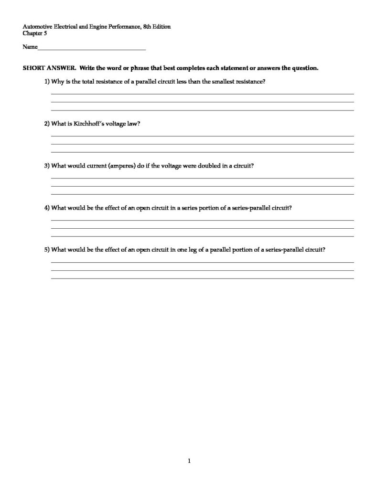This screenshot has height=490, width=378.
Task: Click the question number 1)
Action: click(47, 81)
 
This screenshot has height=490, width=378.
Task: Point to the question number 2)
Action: click(47, 123)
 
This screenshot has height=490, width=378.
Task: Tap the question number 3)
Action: click(47, 166)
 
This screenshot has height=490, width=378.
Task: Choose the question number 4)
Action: click(47, 208)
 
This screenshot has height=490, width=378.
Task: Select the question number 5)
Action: click(47, 249)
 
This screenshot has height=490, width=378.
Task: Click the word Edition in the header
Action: click(160, 27)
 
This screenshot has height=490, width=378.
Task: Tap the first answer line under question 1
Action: click(202, 94)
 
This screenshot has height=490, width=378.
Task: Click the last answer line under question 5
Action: click(202, 278)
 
